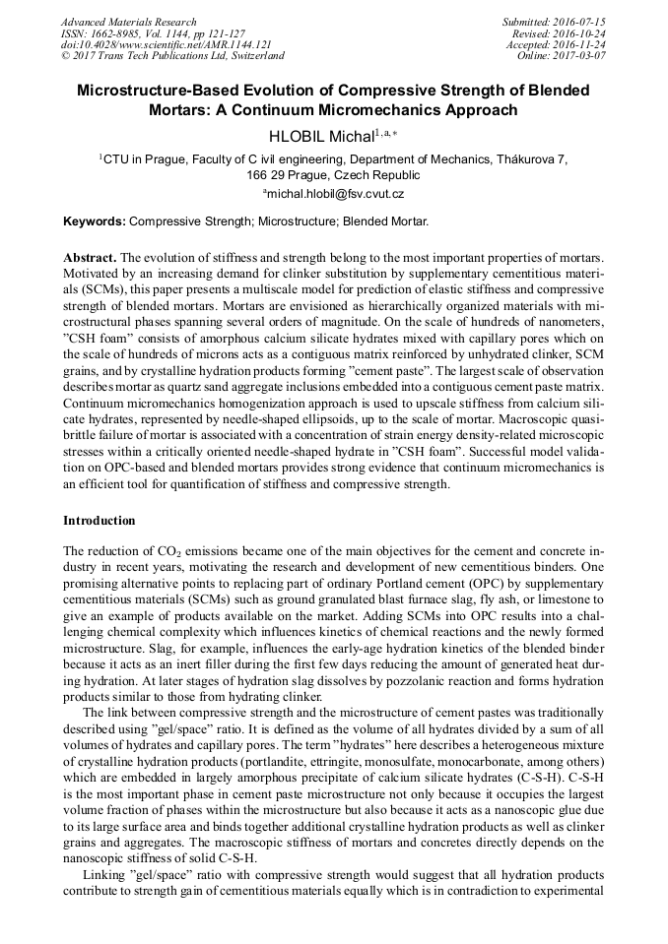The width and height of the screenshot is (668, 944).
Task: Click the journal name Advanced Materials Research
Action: tap(128, 22)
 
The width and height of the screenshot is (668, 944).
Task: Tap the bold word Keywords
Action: tap(95, 221)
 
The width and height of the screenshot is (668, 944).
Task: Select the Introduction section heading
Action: tap(99, 520)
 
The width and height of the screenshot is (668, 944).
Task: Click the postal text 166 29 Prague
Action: tap(287, 175)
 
